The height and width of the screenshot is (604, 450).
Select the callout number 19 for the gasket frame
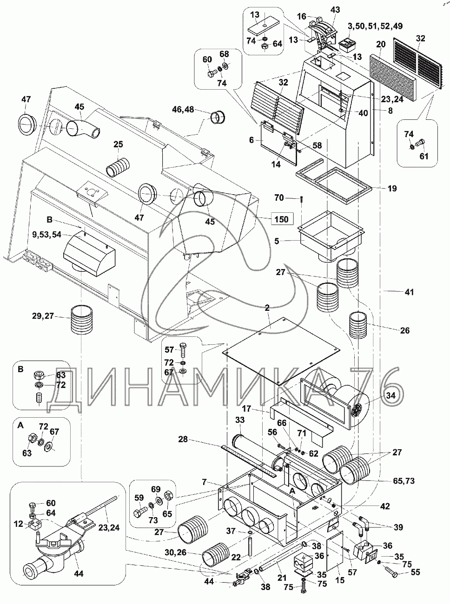tap(392, 189)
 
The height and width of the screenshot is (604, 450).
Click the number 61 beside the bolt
tap(424, 156)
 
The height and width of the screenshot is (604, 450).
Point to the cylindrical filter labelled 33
tap(253, 451)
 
